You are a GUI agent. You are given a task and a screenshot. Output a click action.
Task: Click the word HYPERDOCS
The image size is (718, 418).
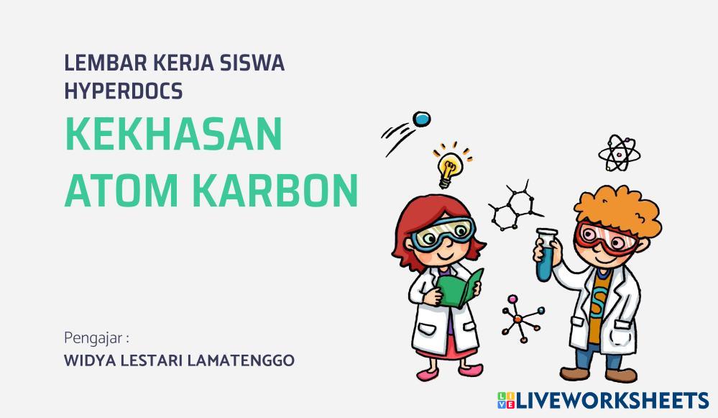point(123,91)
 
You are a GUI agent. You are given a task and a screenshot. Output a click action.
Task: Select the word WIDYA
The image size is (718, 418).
point(88,360)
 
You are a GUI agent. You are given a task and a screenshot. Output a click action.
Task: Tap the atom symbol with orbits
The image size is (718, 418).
point(618,153)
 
